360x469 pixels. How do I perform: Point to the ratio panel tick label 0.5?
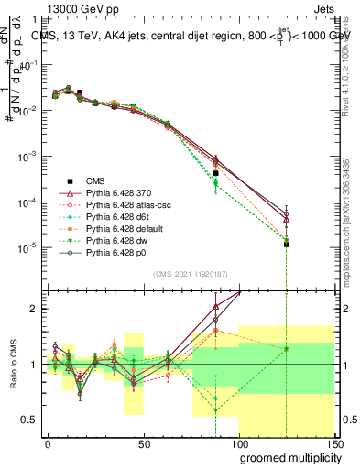point(30,420)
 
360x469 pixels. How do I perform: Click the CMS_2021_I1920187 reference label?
point(190,273)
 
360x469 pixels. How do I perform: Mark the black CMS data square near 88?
point(216,173)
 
